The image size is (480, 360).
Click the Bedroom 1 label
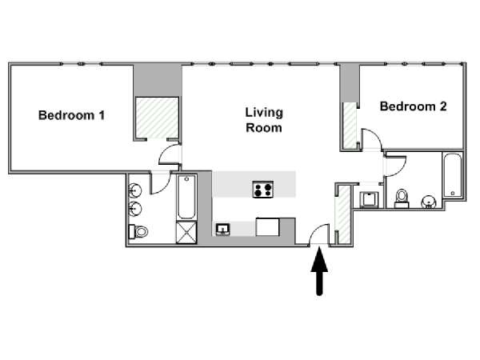[x=72, y=115]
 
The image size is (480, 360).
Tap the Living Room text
[x=264, y=120]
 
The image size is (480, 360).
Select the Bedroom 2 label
[x=413, y=106]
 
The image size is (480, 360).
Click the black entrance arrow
[x=319, y=270]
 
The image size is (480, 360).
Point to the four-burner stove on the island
[x=263, y=189]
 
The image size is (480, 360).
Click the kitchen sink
[x=223, y=229]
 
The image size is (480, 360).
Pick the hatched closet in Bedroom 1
[x=157, y=118]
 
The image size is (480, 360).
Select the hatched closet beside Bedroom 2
[x=350, y=125]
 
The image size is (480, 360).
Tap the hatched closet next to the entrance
[x=344, y=214]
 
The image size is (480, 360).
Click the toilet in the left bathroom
[x=138, y=232]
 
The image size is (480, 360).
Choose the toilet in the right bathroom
[x=402, y=199]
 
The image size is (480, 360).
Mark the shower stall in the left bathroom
[x=186, y=233]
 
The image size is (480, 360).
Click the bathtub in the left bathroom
[x=186, y=197]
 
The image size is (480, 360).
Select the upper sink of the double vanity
[x=134, y=190]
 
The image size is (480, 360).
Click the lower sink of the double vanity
[x=134, y=209]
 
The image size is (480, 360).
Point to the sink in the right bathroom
[x=429, y=202]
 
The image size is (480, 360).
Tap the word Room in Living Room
[x=264, y=128]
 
